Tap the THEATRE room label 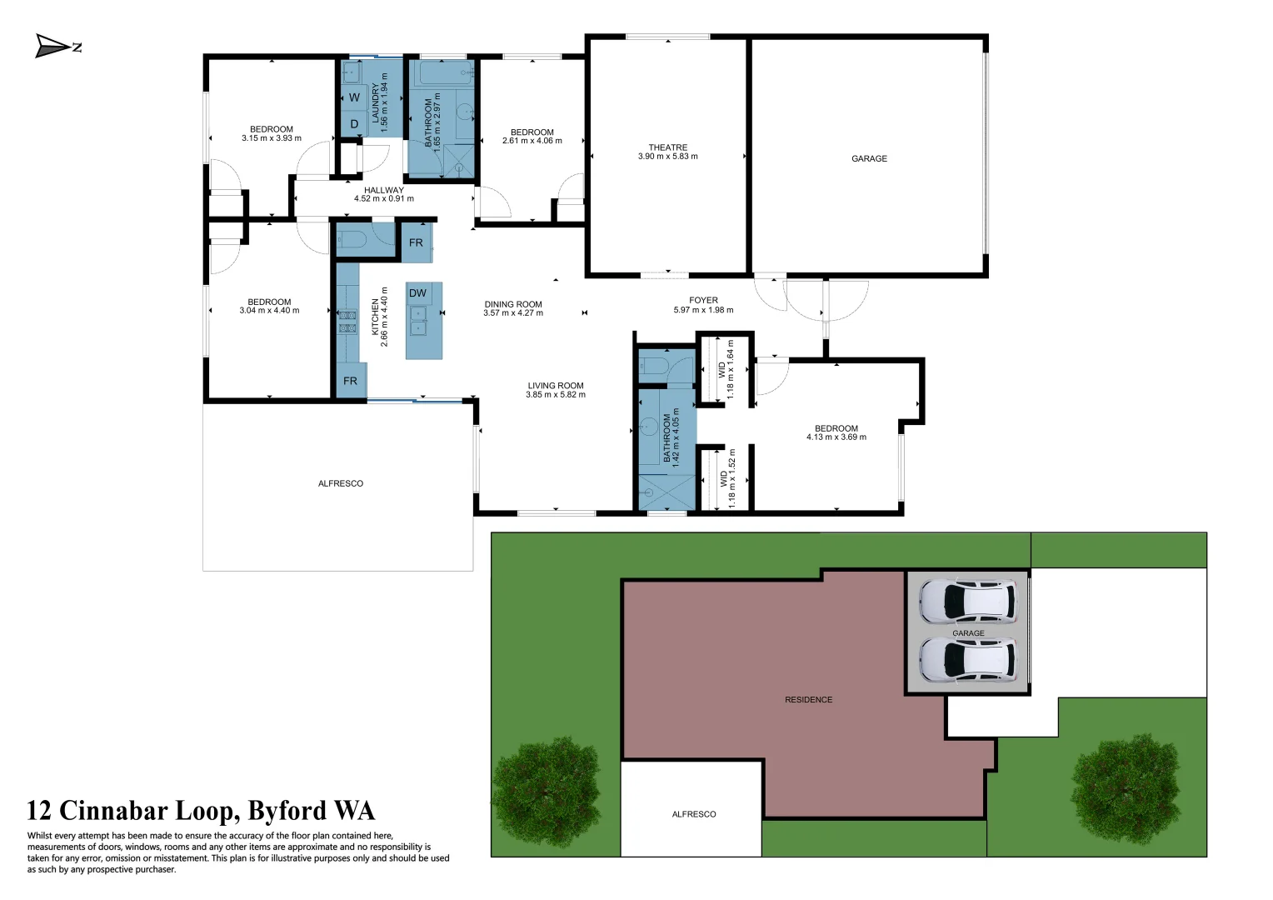tap(667, 147)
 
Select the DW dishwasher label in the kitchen tap(417, 293)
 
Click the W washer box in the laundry tap(354, 97)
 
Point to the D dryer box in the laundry tap(354, 124)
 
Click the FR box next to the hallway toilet tap(416, 242)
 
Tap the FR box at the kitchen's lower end tap(350, 381)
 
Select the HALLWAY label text tap(383, 190)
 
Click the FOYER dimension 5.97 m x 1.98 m tap(703, 310)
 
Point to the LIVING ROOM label tap(555, 386)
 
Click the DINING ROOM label tap(513, 304)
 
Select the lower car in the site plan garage tap(967, 659)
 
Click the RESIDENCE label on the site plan tap(808, 700)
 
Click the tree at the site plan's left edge tap(547, 792)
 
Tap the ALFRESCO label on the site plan tap(693, 814)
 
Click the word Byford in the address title tap(287, 811)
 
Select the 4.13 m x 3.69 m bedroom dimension tap(836, 437)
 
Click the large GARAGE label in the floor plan tap(869, 158)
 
